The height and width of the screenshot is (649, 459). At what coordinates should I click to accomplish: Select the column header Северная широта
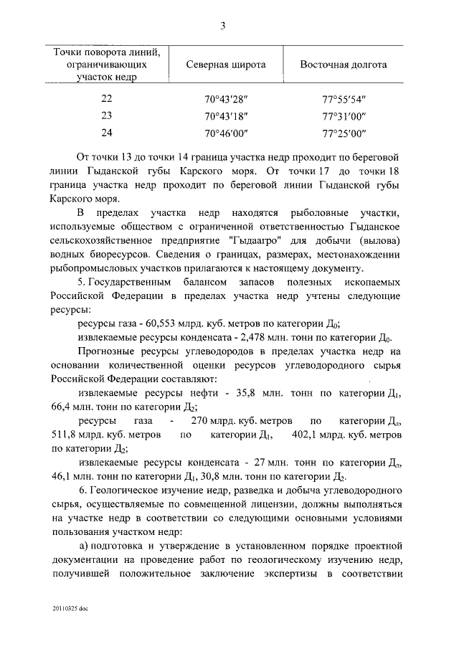pyautogui.click(x=226, y=65)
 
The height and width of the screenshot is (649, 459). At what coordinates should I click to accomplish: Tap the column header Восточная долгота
pyautogui.click(x=344, y=65)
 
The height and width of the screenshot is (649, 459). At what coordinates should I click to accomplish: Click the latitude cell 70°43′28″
pyautogui.click(x=226, y=99)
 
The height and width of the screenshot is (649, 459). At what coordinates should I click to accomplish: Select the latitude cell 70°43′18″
pyautogui.click(x=226, y=115)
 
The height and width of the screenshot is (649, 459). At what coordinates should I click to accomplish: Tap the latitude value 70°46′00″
pyautogui.click(x=226, y=133)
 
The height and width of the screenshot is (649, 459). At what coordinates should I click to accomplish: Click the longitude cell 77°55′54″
pyautogui.click(x=344, y=99)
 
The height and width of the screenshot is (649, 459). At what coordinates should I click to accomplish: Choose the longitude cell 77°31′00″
pyautogui.click(x=344, y=115)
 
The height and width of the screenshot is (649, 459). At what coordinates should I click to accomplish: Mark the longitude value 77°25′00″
pyautogui.click(x=344, y=133)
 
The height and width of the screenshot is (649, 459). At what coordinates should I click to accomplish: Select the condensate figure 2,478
pyautogui.click(x=262, y=337)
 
